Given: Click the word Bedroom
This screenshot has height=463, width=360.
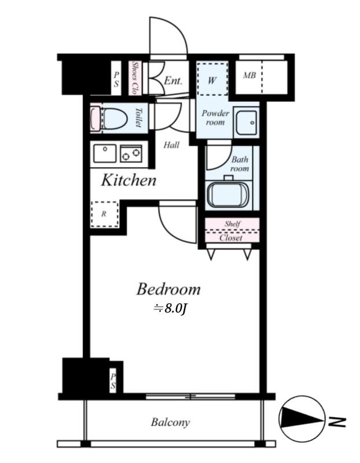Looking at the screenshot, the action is pos(168,289).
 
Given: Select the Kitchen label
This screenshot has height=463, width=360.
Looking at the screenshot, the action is pos(128,180).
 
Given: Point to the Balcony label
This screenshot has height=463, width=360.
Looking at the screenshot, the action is pos(170,422).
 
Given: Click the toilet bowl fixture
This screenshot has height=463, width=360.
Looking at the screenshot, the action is pos(115,119).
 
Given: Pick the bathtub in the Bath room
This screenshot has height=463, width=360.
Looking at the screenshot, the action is pos(228,194).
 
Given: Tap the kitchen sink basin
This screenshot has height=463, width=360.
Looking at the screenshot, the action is pos(105,153).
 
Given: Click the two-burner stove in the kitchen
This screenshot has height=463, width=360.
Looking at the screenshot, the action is pos(131,153).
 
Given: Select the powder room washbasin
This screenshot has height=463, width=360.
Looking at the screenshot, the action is pos(247,122).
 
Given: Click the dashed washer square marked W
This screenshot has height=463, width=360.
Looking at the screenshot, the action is pos(212,78).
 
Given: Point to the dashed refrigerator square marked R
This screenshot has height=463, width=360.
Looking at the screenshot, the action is pos(105,214).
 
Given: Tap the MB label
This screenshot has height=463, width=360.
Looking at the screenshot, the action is pos(249,75).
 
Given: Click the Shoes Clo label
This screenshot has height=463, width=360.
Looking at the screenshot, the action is pos(135,78).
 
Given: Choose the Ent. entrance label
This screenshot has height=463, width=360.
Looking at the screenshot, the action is pos(173,80).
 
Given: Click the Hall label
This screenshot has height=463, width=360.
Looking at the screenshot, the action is pos(171,145).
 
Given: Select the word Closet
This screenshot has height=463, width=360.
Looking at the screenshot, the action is pos(231,238).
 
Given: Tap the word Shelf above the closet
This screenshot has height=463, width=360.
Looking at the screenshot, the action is pos(233,223).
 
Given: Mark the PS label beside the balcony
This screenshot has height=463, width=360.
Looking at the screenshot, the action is pos(113,381).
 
